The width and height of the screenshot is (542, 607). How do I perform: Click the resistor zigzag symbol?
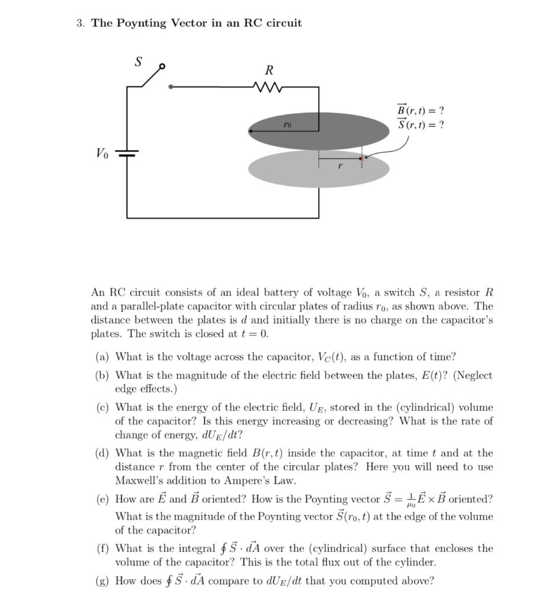tap(269, 87)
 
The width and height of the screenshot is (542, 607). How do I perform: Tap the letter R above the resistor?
tap(270, 70)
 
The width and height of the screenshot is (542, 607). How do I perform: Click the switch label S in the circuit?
tap(139, 62)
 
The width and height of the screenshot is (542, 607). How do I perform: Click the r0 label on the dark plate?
tap(286, 125)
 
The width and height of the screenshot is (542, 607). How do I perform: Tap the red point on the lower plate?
tap(363, 158)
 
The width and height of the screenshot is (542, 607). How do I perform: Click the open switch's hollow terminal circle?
tap(162, 66)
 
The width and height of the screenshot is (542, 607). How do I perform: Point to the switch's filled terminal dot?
tap(171, 87)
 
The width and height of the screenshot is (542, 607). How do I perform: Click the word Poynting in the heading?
tap(142, 24)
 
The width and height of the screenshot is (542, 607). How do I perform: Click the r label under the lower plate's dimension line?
tap(340, 168)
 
